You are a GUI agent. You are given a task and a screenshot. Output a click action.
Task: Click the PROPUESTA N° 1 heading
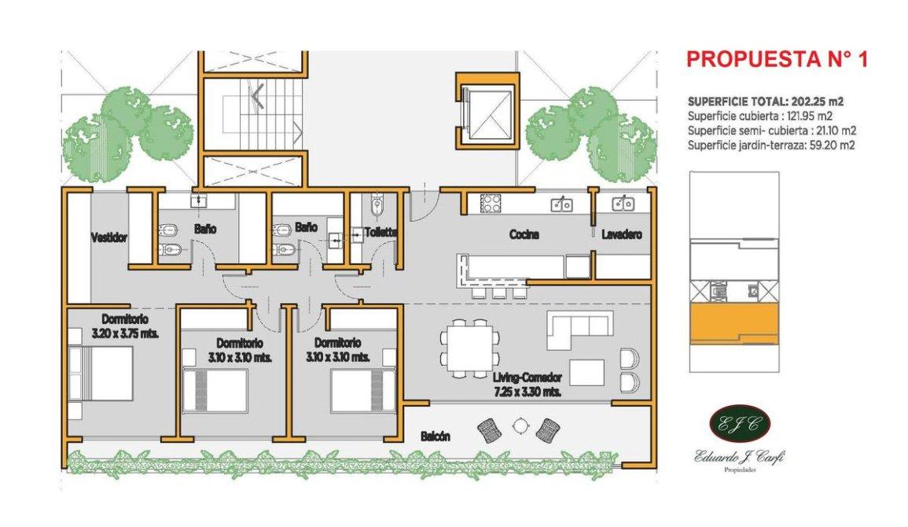point(777,59)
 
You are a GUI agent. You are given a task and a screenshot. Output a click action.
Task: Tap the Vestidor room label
point(109,238)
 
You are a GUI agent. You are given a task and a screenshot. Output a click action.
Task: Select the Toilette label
point(380,232)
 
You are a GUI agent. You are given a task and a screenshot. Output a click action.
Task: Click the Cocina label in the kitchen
point(524,234)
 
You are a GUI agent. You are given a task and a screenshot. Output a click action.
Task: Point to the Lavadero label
point(621,234)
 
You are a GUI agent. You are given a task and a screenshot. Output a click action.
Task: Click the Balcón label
point(436,436)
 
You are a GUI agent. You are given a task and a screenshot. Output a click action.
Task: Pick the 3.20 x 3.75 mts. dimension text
point(125,334)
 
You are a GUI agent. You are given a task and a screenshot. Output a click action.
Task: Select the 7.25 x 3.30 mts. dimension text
point(527,392)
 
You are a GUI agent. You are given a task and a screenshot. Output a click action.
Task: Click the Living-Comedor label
point(528,378)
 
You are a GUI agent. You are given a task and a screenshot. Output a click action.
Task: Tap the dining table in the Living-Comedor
point(470,349)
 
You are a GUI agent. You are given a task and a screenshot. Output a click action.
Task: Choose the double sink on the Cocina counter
point(561,204)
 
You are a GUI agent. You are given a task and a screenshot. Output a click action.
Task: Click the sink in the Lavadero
point(623,204)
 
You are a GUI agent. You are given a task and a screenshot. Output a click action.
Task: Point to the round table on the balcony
point(520,426)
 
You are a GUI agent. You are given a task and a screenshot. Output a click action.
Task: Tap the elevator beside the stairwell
point(487,111)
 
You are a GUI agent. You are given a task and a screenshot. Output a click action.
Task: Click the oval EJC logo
point(739,424)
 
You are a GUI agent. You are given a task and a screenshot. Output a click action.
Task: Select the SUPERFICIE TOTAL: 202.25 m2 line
point(766,101)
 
